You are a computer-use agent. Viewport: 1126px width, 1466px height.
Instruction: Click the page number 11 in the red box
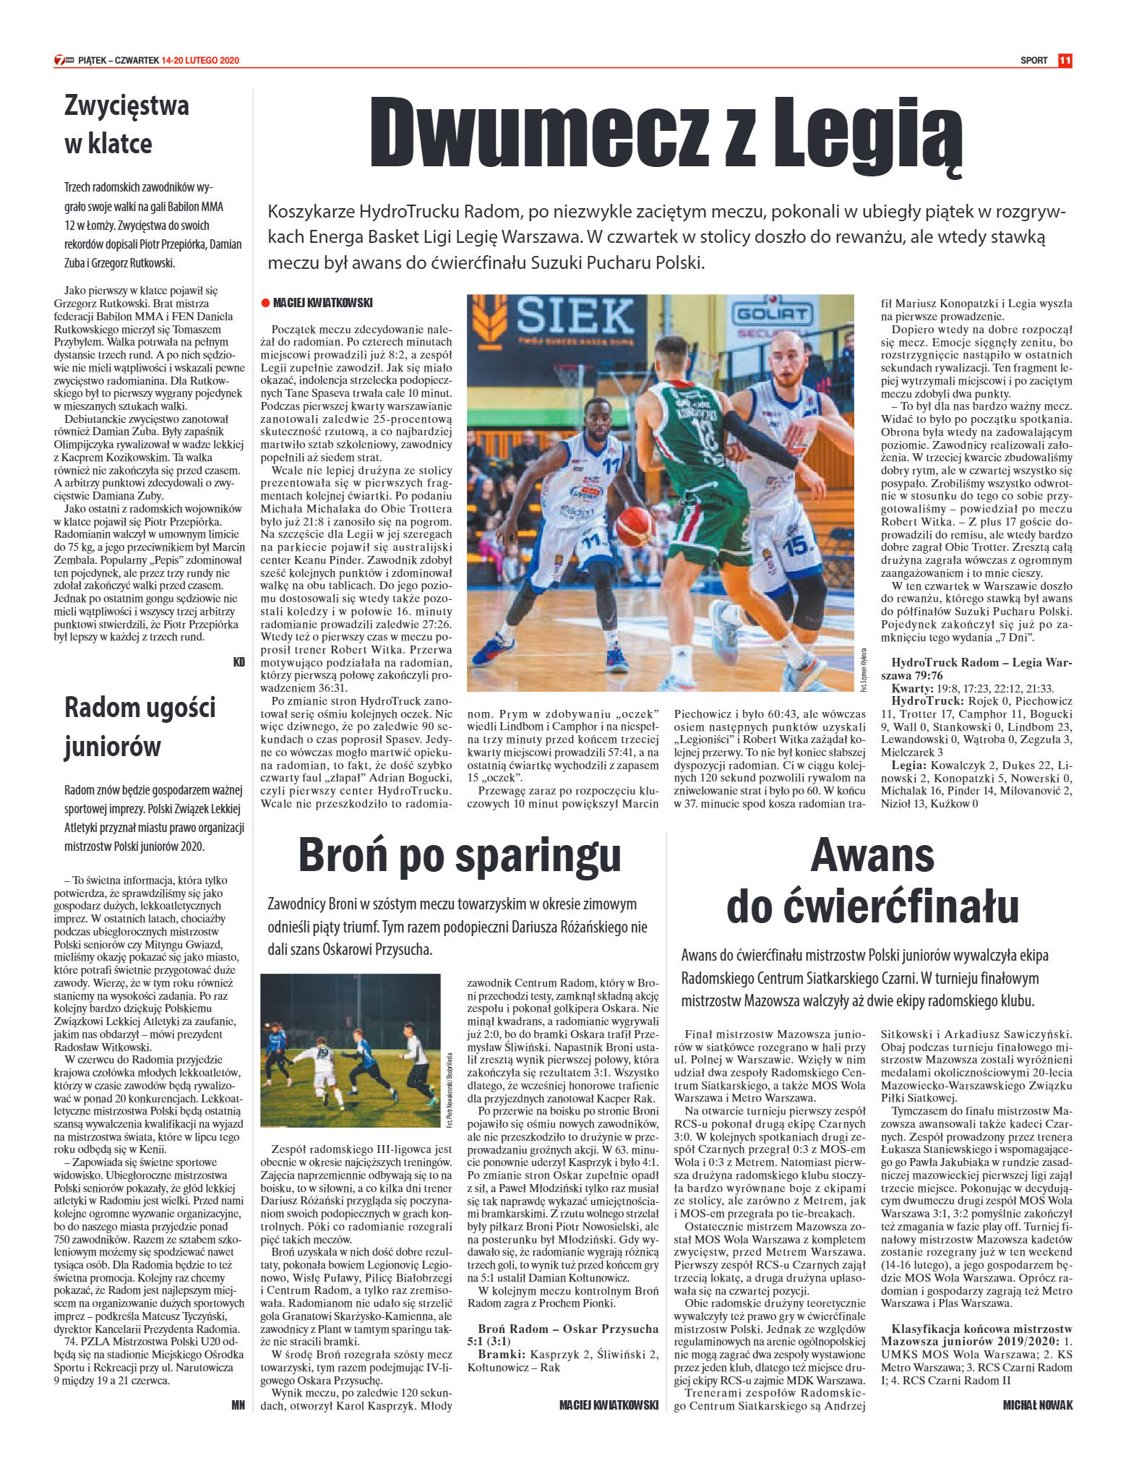(x=1065, y=61)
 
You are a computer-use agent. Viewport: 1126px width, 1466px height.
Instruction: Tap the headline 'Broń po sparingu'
(x=460, y=854)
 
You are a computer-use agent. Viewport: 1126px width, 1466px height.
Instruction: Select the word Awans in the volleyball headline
(x=872, y=855)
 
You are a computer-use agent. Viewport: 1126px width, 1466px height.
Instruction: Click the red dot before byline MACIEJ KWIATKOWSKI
(x=265, y=304)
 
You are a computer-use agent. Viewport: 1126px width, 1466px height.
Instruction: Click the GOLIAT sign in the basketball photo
(x=771, y=314)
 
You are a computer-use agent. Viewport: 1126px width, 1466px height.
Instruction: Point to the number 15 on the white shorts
(x=797, y=545)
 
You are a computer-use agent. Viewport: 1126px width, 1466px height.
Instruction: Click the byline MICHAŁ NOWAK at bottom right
(x=1038, y=1405)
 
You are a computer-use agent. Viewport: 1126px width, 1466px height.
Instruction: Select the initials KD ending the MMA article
(x=239, y=661)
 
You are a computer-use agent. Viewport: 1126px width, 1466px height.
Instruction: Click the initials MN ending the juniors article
(x=238, y=1405)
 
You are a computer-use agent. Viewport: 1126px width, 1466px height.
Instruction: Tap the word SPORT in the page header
(x=1033, y=61)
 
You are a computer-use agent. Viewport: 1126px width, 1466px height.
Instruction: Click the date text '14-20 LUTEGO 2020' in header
(x=200, y=61)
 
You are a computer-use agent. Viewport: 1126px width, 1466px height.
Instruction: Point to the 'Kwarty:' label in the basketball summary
(x=912, y=688)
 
